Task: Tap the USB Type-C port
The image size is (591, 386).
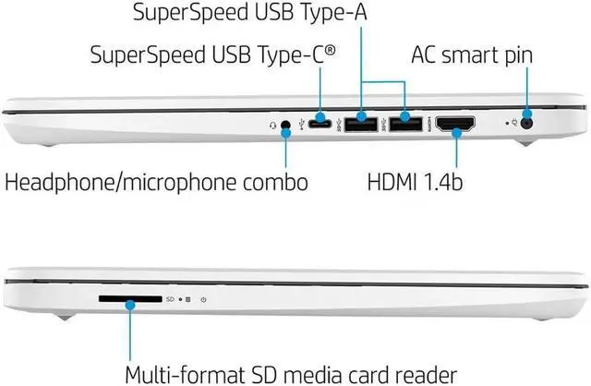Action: pos(322,121)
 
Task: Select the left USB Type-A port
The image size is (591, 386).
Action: pos(361,122)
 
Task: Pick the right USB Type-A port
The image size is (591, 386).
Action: pos(404,122)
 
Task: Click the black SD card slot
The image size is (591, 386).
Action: pos(129,299)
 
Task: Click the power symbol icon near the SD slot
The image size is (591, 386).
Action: pos(202,299)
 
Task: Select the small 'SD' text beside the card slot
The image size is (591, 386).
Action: pos(170,299)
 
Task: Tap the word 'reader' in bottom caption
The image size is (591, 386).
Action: pos(421,374)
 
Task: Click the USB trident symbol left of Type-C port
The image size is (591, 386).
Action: pos(302,121)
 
